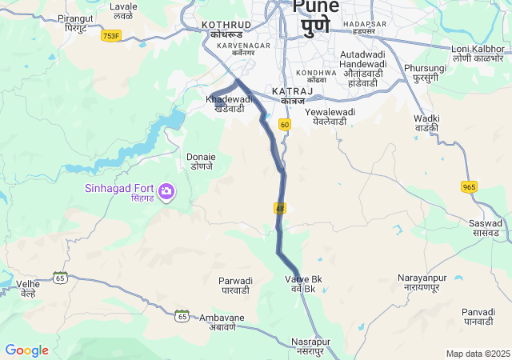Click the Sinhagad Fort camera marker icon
[x=166, y=190]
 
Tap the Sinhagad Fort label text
[x=121, y=189]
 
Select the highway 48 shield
[x=279, y=208]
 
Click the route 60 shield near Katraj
[x=285, y=125]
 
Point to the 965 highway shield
[x=469, y=186]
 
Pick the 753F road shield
[x=111, y=36]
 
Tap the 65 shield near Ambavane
[x=182, y=316]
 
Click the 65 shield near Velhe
[x=60, y=277]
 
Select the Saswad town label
[x=486, y=228]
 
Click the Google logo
[x=26, y=350]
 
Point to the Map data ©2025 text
[x=478, y=354]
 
